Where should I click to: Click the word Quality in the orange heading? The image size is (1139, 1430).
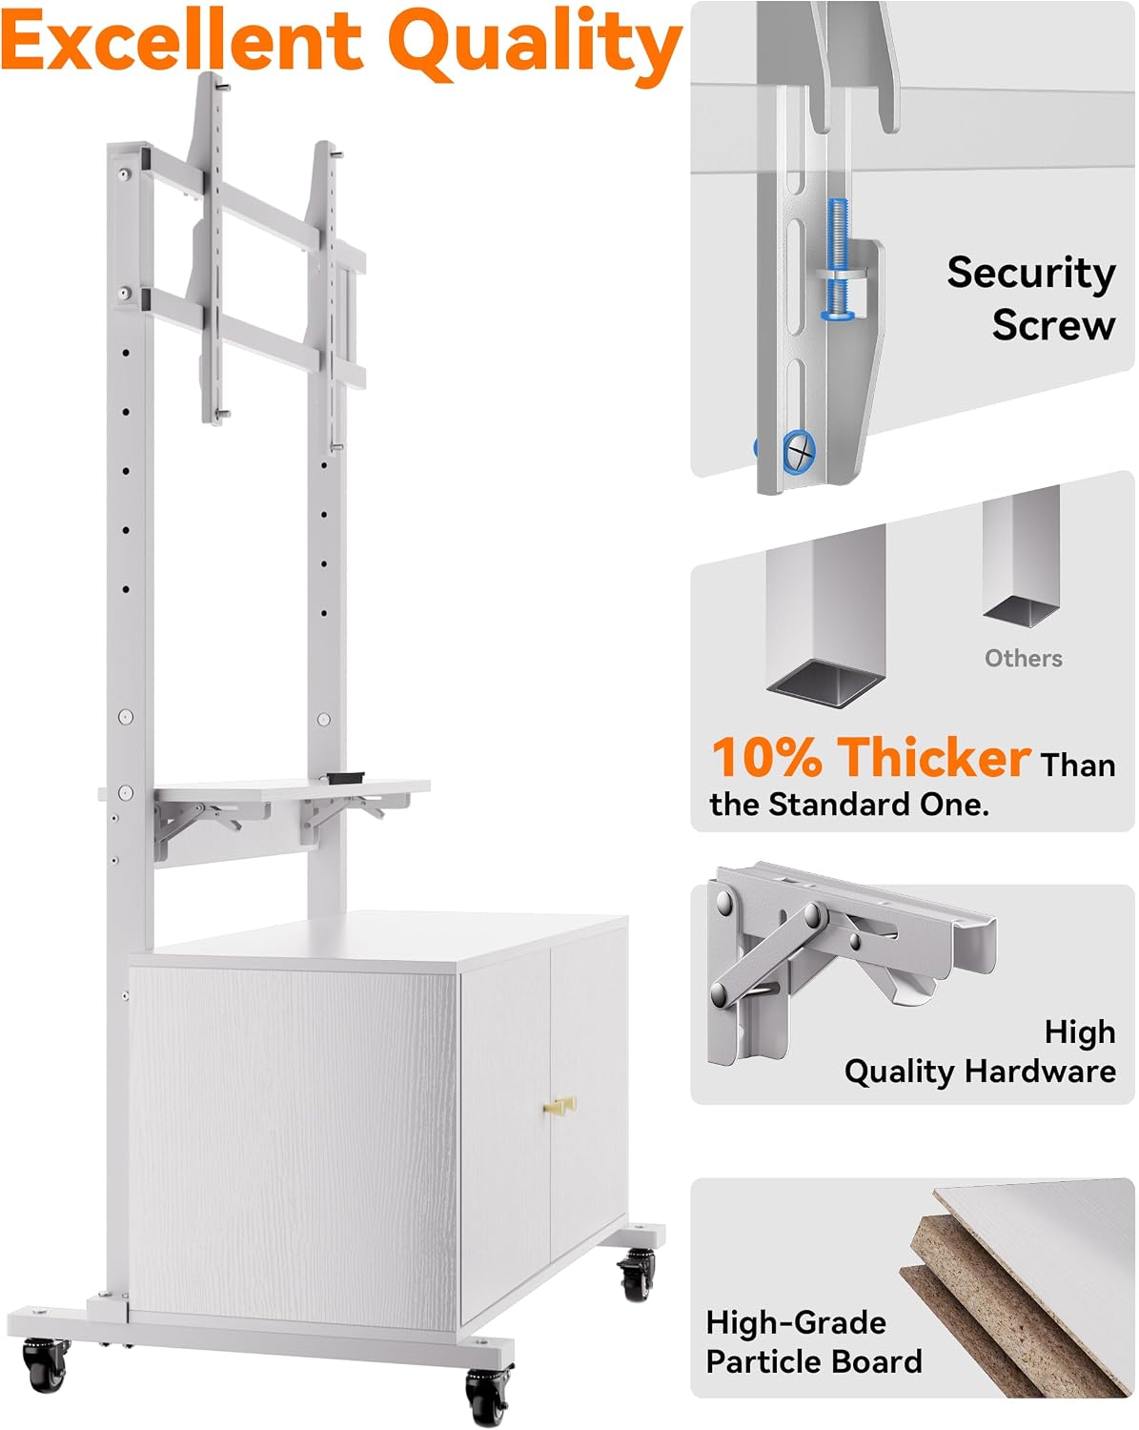coord(535,46)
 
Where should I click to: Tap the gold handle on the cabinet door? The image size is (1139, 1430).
coord(559,1107)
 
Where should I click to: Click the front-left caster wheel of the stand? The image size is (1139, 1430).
coord(46,1363)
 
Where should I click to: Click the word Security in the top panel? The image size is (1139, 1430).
coord(1030,273)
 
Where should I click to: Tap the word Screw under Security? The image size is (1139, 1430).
coord(1053,325)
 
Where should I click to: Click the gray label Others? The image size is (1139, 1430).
coord(1023,658)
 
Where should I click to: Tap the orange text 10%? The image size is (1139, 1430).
coord(765,757)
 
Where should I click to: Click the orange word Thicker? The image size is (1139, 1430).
coord(933,757)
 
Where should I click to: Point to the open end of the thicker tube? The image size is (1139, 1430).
coord(825,684)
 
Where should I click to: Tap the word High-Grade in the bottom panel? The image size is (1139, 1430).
coord(796,1323)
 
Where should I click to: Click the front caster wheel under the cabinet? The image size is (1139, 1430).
coord(488,1394)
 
